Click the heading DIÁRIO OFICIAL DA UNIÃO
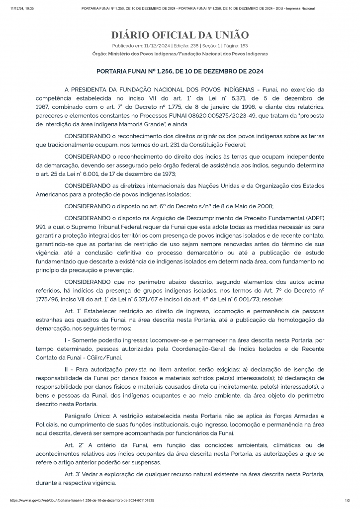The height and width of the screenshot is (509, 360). (x=180, y=35)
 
